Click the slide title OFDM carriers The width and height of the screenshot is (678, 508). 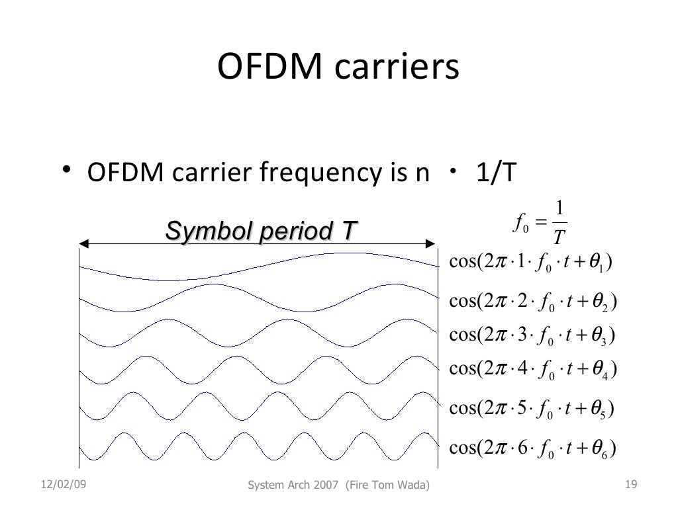[x=338, y=69]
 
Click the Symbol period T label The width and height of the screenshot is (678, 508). [x=260, y=232]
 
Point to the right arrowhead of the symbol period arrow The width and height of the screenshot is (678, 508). [x=434, y=244]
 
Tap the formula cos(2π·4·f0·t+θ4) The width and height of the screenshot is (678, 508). [x=533, y=367]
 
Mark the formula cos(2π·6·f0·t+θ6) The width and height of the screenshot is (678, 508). [x=533, y=448]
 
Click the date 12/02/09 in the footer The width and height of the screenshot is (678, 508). [x=57, y=486]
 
